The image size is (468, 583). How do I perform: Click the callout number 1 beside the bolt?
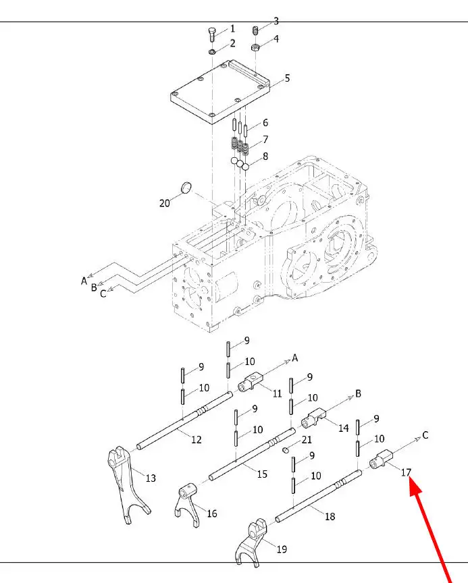click(232, 28)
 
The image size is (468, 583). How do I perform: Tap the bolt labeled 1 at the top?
click(211, 35)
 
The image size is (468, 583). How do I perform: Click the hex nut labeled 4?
click(255, 47)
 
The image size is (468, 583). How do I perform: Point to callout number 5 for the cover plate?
click(287, 78)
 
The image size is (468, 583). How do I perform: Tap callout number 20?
click(164, 203)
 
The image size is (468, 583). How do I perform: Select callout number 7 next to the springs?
click(265, 140)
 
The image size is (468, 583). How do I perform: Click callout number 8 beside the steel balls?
click(265, 156)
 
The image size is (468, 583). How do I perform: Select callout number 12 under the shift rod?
click(197, 439)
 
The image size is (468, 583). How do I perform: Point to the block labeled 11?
click(251, 383)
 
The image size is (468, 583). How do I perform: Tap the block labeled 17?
click(382, 459)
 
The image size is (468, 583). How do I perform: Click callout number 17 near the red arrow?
click(406, 472)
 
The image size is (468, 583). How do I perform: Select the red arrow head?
click(416, 487)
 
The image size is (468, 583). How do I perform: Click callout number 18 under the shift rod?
click(330, 516)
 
